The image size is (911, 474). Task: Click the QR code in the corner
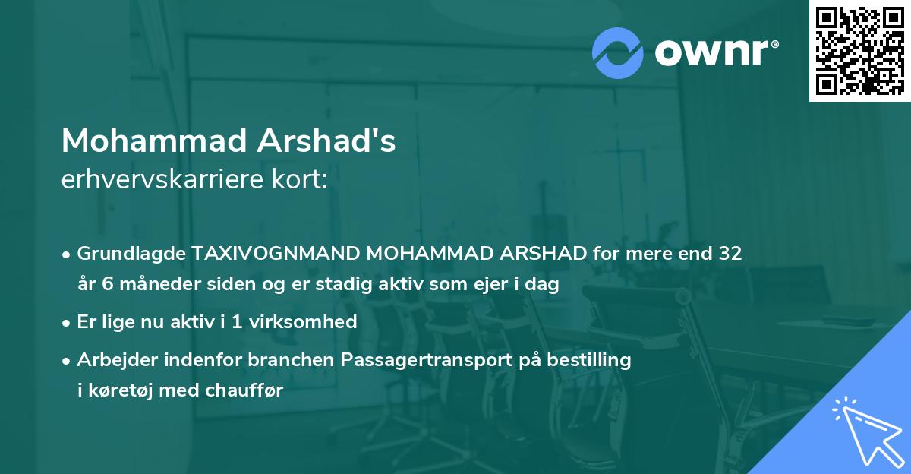tap(860, 50)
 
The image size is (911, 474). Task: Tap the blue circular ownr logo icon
tap(617, 52)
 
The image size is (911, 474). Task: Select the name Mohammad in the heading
tap(154, 141)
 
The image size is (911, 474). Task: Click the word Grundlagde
tap(125, 254)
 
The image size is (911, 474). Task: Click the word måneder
tap(145, 284)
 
